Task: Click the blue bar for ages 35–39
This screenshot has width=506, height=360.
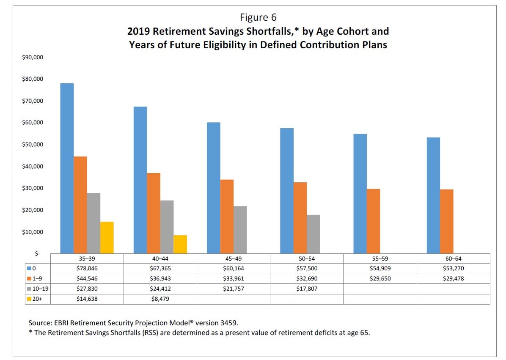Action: click(x=67, y=168)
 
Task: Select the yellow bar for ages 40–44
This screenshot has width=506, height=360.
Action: click(x=180, y=245)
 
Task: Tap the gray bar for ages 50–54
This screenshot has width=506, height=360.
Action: click(x=313, y=234)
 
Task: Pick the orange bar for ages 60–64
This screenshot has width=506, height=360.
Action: click(x=447, y=221)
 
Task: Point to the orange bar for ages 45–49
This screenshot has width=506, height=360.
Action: click(x=227, y=217)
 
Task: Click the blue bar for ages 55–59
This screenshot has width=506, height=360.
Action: click(x=360, y=194)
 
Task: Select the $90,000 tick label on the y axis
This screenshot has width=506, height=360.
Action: click(x=33, y=58)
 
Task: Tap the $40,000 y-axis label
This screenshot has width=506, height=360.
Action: click(x=33, y=166)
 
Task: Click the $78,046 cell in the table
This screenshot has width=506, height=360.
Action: click(x=87, y=268)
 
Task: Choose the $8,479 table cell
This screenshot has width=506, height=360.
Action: click(x=160, y=299)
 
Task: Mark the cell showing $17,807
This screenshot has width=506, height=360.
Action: click(x=307, y=289)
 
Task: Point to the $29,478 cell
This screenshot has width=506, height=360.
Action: click(x=454, y=278)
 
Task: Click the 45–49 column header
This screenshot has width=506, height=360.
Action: click(x=234, y=259)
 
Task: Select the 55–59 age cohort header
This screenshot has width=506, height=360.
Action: click(x=380, y=259)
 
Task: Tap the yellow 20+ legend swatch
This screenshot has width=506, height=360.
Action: click(x=29, y=299)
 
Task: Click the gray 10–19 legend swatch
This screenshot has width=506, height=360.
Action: click(x=29, y=289)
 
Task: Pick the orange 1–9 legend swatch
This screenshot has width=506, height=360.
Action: click(x=29, y=278)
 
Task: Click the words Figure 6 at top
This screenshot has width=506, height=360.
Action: click(x=258, y=17)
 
